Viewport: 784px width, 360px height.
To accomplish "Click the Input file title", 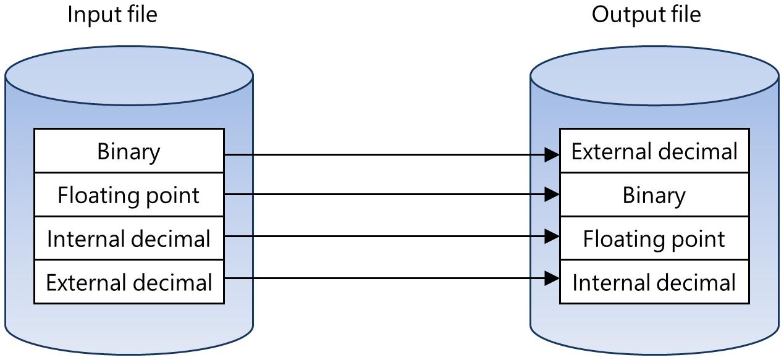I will click(x=112, y=14).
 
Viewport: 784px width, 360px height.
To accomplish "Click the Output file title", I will click(x=646, y=14).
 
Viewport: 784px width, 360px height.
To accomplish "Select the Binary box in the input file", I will click(x=129, y=151).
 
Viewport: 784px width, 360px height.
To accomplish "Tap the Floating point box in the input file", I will click(x=129, y=195).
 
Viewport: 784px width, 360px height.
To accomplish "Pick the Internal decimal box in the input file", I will click(x=129, y=239).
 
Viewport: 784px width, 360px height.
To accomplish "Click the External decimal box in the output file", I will click(x=654, y=151).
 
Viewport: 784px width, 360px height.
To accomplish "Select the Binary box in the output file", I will click(x=654, y=195).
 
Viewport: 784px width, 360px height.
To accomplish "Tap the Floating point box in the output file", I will click(x=654, y=239).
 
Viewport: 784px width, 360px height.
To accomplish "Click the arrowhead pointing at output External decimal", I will click(x=552, y=155).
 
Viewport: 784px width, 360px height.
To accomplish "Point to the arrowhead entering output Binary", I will click(x=552, y=195).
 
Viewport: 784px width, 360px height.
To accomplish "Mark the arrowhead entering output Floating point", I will click(x=552, y=237).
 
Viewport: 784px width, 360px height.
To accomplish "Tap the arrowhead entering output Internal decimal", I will click(x=552, y=278).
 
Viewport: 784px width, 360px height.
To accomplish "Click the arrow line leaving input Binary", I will click(x=383, y=155).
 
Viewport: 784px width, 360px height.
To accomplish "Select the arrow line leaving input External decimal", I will click(x=383, y=278).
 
